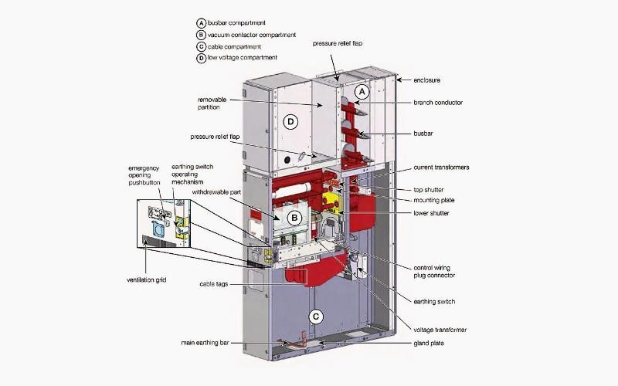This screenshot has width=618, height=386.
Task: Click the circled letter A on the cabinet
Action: (x=362, y=92)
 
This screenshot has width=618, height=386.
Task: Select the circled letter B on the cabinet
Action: (x=294, y=218)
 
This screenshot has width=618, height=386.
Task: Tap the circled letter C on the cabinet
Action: (x=316, y=317)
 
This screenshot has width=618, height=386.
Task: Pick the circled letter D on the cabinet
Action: (x=290, y=122)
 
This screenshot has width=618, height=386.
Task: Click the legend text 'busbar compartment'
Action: (x=236, y=23)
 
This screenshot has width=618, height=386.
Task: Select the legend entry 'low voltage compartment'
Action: (x=243, y=57)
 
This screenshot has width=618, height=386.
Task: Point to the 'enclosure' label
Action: (x=427, y=80)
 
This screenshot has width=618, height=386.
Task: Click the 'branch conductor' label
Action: (x=438, y=103)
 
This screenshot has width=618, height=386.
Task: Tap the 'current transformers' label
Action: (x=441, y=168)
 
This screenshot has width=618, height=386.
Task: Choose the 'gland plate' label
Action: (x=429, y=343)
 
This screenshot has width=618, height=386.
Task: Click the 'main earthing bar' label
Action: (x=205, y=343)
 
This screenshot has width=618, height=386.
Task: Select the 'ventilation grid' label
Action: (x=146, y=280)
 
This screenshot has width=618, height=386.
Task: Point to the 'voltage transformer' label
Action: (x=440, y=330)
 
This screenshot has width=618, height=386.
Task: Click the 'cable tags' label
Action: (x=214, y=284)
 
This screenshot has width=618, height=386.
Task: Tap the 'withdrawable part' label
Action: (x=216, y=192)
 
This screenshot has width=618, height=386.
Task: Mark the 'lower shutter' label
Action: (x=431, y=213)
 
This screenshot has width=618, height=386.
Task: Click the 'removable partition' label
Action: (x=212, y=103)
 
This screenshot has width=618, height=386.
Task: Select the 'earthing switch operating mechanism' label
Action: (x=192, y=174)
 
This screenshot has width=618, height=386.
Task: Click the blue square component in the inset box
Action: (x=158, y=229)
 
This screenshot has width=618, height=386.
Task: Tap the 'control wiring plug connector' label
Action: (x=434, y=272)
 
